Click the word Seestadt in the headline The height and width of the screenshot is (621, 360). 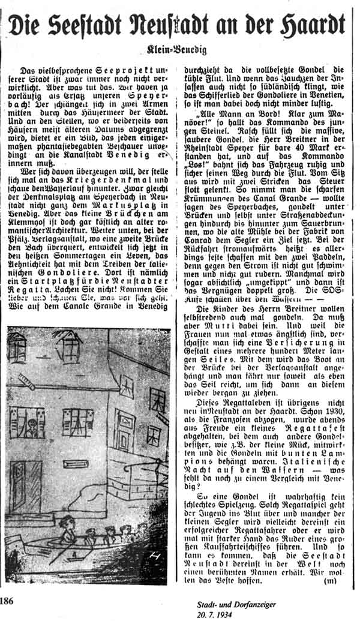(x=96, y=25)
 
